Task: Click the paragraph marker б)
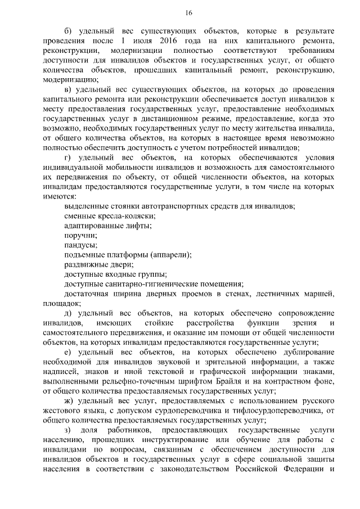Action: click(x=68, y=30)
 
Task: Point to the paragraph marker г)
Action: click(x=67, y=158)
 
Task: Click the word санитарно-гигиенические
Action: click(x=149, y=285)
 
